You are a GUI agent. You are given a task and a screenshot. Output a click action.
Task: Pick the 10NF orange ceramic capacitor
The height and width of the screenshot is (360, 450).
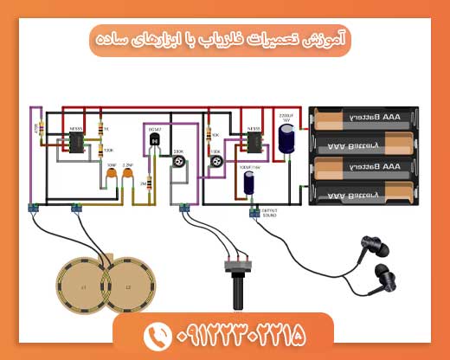tap(112, 178)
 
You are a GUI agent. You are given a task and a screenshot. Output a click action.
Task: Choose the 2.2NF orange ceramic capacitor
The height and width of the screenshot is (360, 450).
tap(128, 178)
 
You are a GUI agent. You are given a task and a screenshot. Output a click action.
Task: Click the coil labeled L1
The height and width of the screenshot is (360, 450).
tap(83, 286)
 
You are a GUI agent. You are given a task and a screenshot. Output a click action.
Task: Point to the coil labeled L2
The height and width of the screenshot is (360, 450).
tap(128, 286)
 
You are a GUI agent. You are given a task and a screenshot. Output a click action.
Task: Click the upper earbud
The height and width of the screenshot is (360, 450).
tap(374, 250)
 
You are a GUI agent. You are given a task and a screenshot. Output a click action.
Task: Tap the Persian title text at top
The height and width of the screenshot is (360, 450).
tap(223, 39)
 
